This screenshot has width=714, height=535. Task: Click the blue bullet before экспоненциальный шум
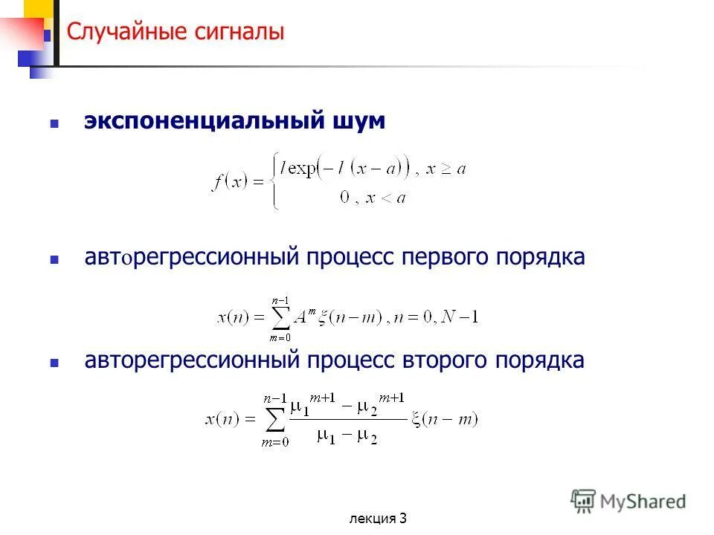pos(54,124)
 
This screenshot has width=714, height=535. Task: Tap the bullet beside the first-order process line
pos(54,260)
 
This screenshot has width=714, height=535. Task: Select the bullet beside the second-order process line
pos(54,363)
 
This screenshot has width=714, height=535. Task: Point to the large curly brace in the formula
pos(276,182)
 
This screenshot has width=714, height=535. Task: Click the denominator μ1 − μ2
pos(347,436)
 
